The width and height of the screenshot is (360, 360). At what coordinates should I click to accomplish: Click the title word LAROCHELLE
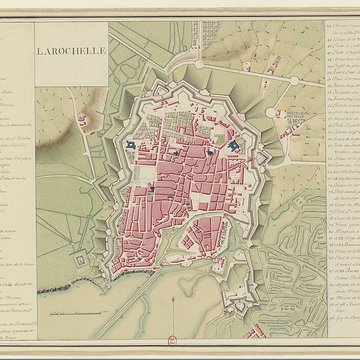(x=73, y=49)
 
